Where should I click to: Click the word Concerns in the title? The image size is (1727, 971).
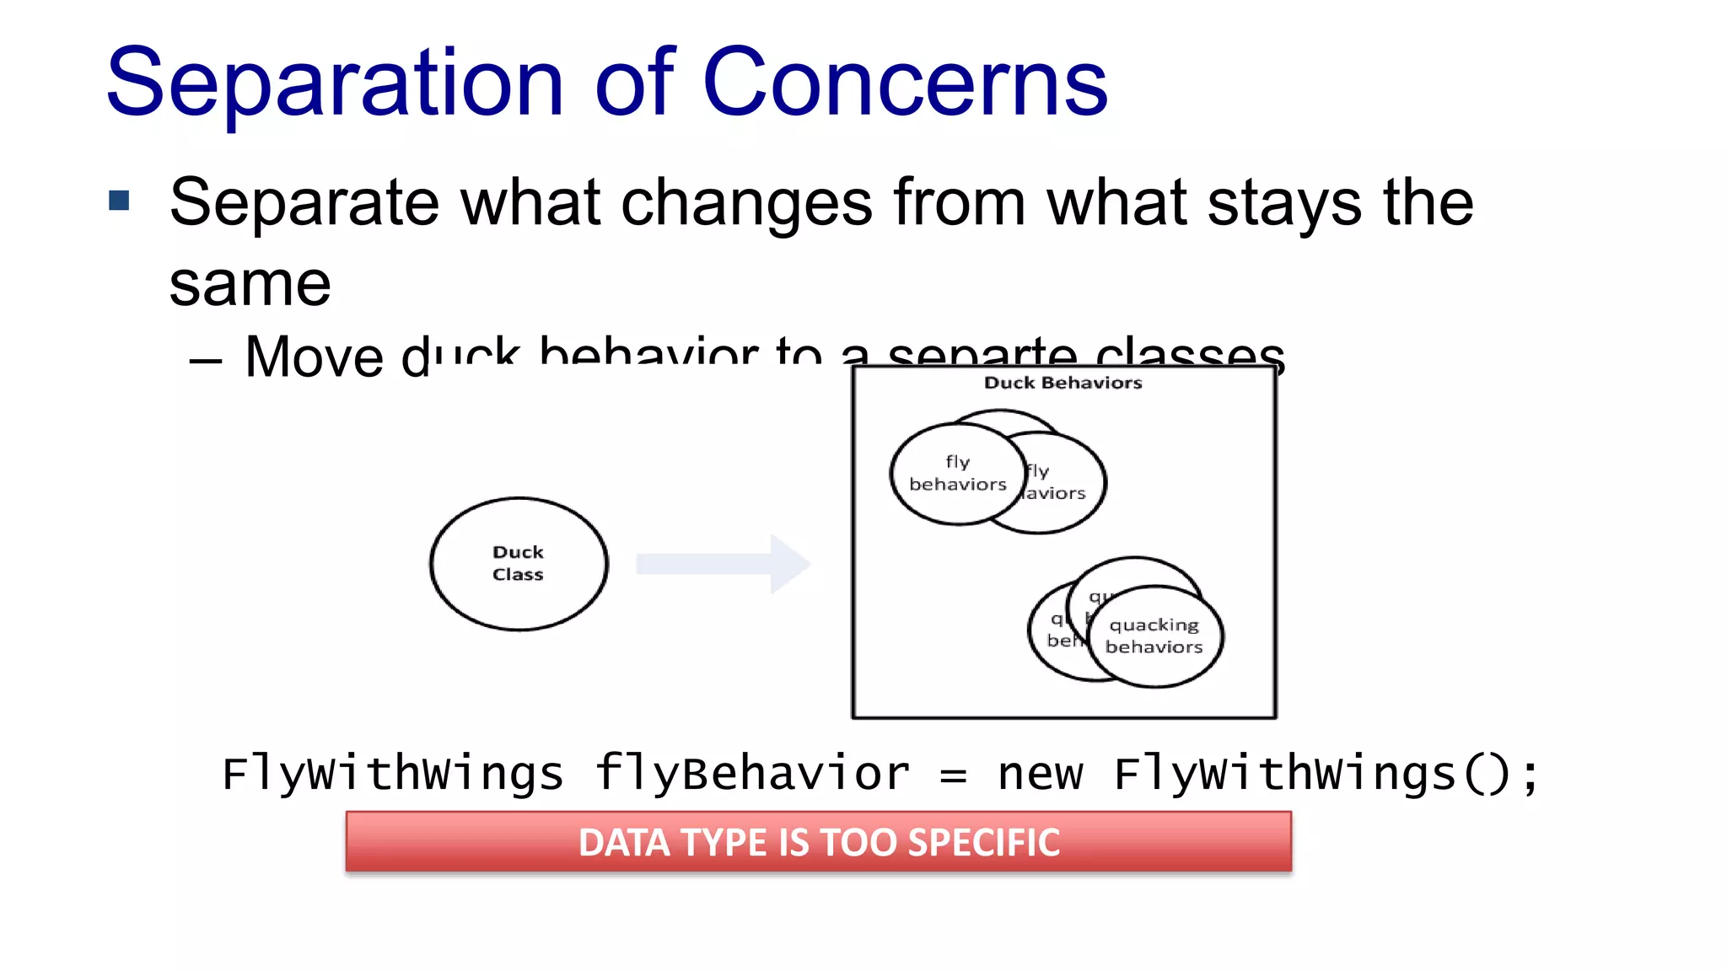pos(904,83)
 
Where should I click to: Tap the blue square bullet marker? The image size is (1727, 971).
pos(119,201)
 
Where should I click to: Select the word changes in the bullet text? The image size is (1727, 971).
pos(745,203)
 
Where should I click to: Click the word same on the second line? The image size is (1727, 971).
pos(250,285)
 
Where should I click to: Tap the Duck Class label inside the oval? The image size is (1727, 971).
pos(518,563)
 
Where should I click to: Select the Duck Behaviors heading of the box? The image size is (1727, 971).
pos(1063,383)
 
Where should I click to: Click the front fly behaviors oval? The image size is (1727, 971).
pos(957,473)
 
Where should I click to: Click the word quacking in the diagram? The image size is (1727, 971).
pos(1154,625)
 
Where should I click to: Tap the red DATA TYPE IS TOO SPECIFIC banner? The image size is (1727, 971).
pos(818,842)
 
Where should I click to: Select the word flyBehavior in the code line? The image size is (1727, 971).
pos(752,774)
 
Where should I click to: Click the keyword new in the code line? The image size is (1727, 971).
pos(1040,774)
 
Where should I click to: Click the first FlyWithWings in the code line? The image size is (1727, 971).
pos(392,774)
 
